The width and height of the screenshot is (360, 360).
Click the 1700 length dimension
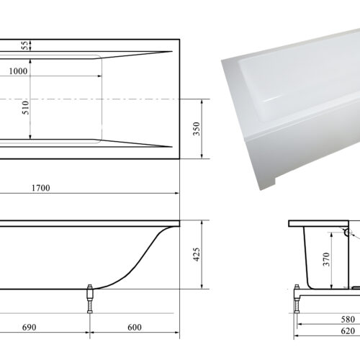point(41,188)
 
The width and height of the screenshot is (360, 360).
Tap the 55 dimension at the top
point(25,45)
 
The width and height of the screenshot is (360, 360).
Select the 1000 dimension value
point(18,71)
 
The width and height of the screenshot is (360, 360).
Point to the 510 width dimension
point(25,107)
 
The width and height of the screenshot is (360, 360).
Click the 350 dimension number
point(197,129)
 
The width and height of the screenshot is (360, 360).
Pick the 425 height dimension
point(197,255)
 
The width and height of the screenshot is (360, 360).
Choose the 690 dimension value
point(30,327)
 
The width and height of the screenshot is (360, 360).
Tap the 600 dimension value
point(135,327)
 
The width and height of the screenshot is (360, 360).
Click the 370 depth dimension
point(326,259)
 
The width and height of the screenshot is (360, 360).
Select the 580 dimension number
point(348,319)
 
